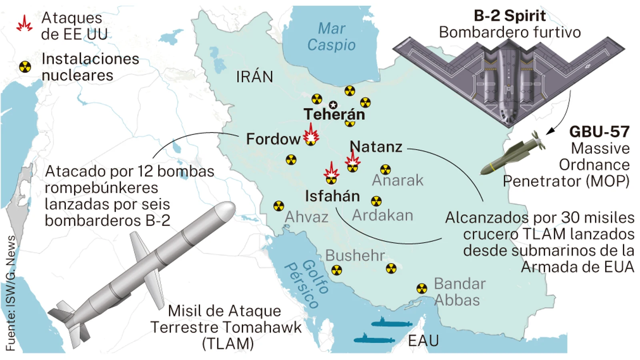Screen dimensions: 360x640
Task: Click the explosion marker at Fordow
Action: pyautogui.click(x=310, y=134)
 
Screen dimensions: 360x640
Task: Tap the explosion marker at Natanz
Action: pyautogui.click(x=352, y=159)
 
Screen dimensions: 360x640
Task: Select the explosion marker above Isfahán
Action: pyautogui.click(x=331, y=171)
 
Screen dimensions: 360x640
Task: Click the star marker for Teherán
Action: pyautogui.click(x=333, y=105)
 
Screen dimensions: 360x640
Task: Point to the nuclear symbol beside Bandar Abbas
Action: pyautogui.click(x=422, y=288)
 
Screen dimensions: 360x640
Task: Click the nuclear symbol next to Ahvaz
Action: pyautogui.click(x=278, y=206)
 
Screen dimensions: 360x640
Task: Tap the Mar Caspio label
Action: pyautogui.click(x=331, y=37)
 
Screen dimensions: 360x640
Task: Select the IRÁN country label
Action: pyautogui.click(x=254, y=76)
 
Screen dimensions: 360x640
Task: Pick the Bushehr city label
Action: pyautogui.click(x=355, y=255)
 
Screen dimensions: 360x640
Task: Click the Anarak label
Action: pyautogui.click(x=398, y=180)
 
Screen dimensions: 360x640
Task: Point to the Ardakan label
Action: pyautogui.click(x=382, y=216)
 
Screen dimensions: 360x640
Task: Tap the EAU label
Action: pyautogui.click(x=423, y=341)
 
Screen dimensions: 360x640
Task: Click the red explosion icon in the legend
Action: pyautogui.click(x=24, y=24)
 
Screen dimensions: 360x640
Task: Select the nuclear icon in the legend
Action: pyautogui.click(x=25, y=67)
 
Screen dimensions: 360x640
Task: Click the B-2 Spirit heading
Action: pyautogui.click(x=510, y=16)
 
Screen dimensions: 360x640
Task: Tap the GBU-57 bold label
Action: pyautogui.click(x=599, y=132)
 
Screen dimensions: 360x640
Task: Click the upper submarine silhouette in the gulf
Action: pyautogui.click(x=391, y=322)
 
